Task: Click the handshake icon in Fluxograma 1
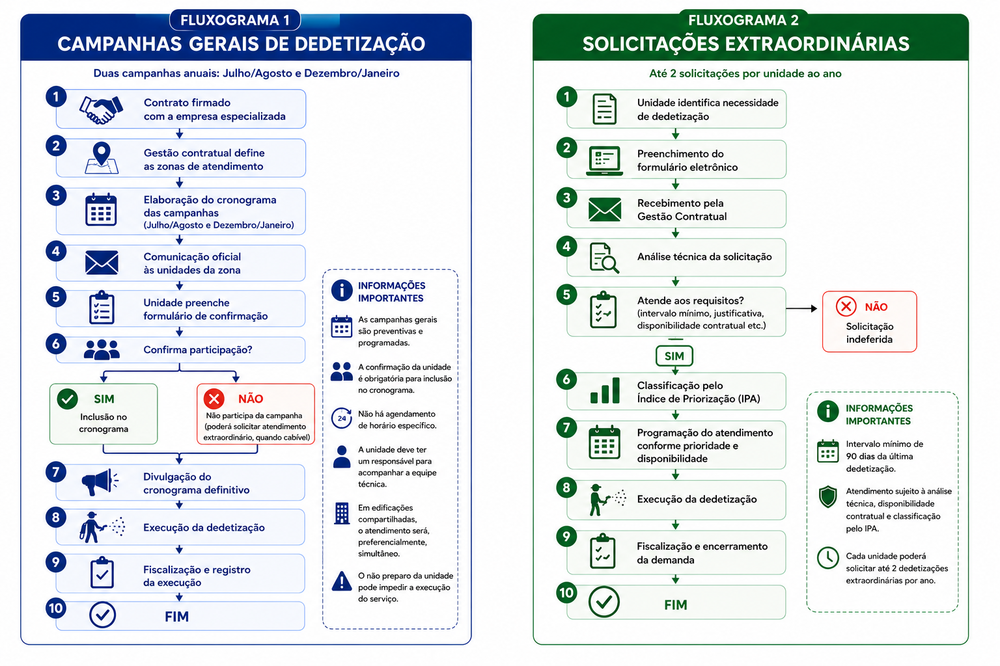[x=101, y=110]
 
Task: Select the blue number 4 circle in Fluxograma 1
[x=56, y=252]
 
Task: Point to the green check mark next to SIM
[x=68, y=399]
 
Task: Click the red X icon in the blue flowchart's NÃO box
[x=214, y=399]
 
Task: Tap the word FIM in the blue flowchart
[x=177, y=617]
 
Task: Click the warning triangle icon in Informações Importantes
[x=342, y=581]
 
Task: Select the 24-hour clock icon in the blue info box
[x=342, y=418]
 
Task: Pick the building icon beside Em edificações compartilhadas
[x=342, y=513]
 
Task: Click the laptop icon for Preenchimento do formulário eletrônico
[x=604, y=161]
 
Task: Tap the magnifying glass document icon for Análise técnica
[x=604, y=258]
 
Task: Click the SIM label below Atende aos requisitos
[x=674, y=356]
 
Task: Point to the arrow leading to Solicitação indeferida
[x=801, y=308]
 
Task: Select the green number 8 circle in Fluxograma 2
[x=566, y=488]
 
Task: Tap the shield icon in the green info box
[x=827, y=497]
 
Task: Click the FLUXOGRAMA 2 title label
[x=743, y=20]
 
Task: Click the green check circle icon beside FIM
[x=604, y=602]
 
